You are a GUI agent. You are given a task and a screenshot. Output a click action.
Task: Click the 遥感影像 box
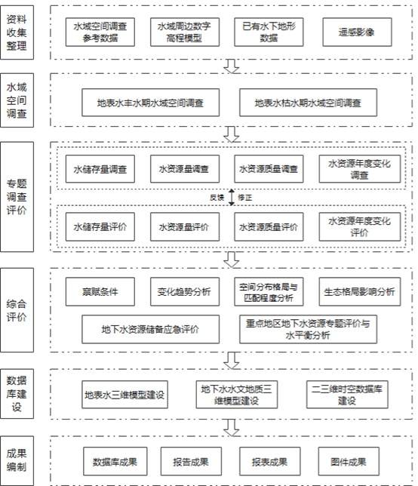pos(357,32)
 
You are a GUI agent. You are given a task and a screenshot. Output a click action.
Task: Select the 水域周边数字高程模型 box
pos(185,32)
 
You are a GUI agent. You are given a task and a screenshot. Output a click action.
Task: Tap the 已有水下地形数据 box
pos(269,32)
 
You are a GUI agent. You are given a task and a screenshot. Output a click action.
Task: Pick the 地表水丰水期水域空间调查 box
pos(151,103)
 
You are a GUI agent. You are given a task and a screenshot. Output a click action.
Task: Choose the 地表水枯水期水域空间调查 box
pos(308,103)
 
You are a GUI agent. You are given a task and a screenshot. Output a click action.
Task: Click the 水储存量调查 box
pos(100,169)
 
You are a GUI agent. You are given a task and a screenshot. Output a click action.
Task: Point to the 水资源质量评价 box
pos(269,227)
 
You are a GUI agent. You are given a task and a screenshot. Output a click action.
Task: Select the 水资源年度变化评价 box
pos(359,227)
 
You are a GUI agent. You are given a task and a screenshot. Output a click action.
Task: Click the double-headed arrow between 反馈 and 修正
pos(232,197)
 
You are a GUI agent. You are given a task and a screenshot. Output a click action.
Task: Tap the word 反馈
pos(217,198)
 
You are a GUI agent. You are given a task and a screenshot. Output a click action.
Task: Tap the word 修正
pos(244,198)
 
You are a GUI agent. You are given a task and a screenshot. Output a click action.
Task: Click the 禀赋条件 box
pos(100,291)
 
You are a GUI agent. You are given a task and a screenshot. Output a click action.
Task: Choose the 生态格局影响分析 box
pos(359,291)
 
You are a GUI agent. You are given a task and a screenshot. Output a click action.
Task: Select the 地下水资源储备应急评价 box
pos(151,329)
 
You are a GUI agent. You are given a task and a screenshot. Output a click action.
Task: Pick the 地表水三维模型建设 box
pos(125,395)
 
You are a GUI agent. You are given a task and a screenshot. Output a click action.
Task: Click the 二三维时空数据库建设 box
pos(347,395)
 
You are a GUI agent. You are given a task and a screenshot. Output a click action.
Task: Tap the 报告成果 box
pos(191,461)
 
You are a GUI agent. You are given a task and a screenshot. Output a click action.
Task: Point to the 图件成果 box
pos(349,461)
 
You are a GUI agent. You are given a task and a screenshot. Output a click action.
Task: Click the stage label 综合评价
pos(17,310)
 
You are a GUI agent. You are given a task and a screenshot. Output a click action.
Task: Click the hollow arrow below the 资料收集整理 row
pos(232,66)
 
